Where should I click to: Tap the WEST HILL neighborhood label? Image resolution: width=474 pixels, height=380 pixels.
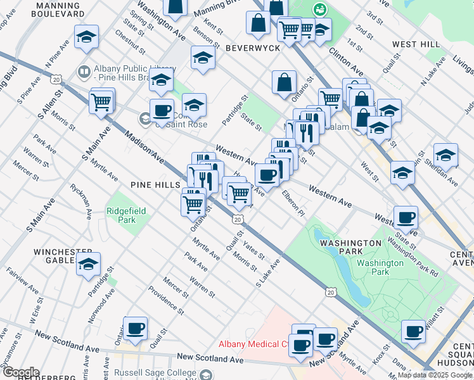coord(416,44)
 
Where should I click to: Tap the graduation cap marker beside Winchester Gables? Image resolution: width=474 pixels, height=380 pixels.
coord(88,264)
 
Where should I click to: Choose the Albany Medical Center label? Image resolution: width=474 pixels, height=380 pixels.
coord(253,345)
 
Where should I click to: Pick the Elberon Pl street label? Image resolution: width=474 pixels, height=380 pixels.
coord(293,202)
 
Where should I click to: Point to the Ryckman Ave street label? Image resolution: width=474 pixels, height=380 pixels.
coord(80,200)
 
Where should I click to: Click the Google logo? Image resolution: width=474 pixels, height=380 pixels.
coord(20,372)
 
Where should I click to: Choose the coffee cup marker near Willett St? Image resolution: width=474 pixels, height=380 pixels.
coord(413,332)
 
